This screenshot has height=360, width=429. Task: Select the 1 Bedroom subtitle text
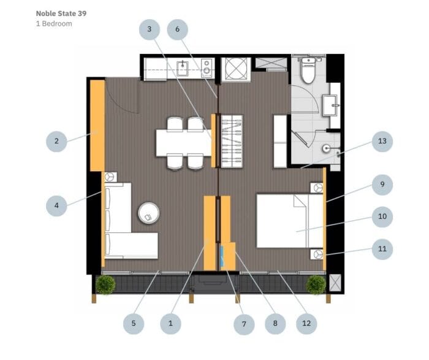54,23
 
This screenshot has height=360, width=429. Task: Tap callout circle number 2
56,142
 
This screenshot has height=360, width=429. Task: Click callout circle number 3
149,29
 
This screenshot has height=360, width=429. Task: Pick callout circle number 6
177,29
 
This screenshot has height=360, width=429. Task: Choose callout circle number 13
382,142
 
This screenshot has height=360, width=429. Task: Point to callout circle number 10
382,216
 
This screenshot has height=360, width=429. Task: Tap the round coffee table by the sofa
148,213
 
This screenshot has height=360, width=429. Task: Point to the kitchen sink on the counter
182,66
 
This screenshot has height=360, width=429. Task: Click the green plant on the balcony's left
106,284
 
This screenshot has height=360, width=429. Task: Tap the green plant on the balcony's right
316,284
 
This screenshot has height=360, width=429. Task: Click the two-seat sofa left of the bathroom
280,142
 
